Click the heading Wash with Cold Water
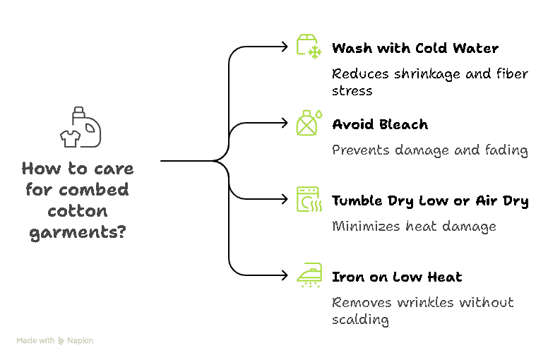pos(415,49)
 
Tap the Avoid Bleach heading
pos(380,125)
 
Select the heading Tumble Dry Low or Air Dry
pos(430,201)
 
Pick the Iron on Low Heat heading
pos(397,277)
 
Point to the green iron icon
pos(309,275)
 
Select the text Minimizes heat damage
pos(414,226)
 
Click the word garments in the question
pos(78,231)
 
